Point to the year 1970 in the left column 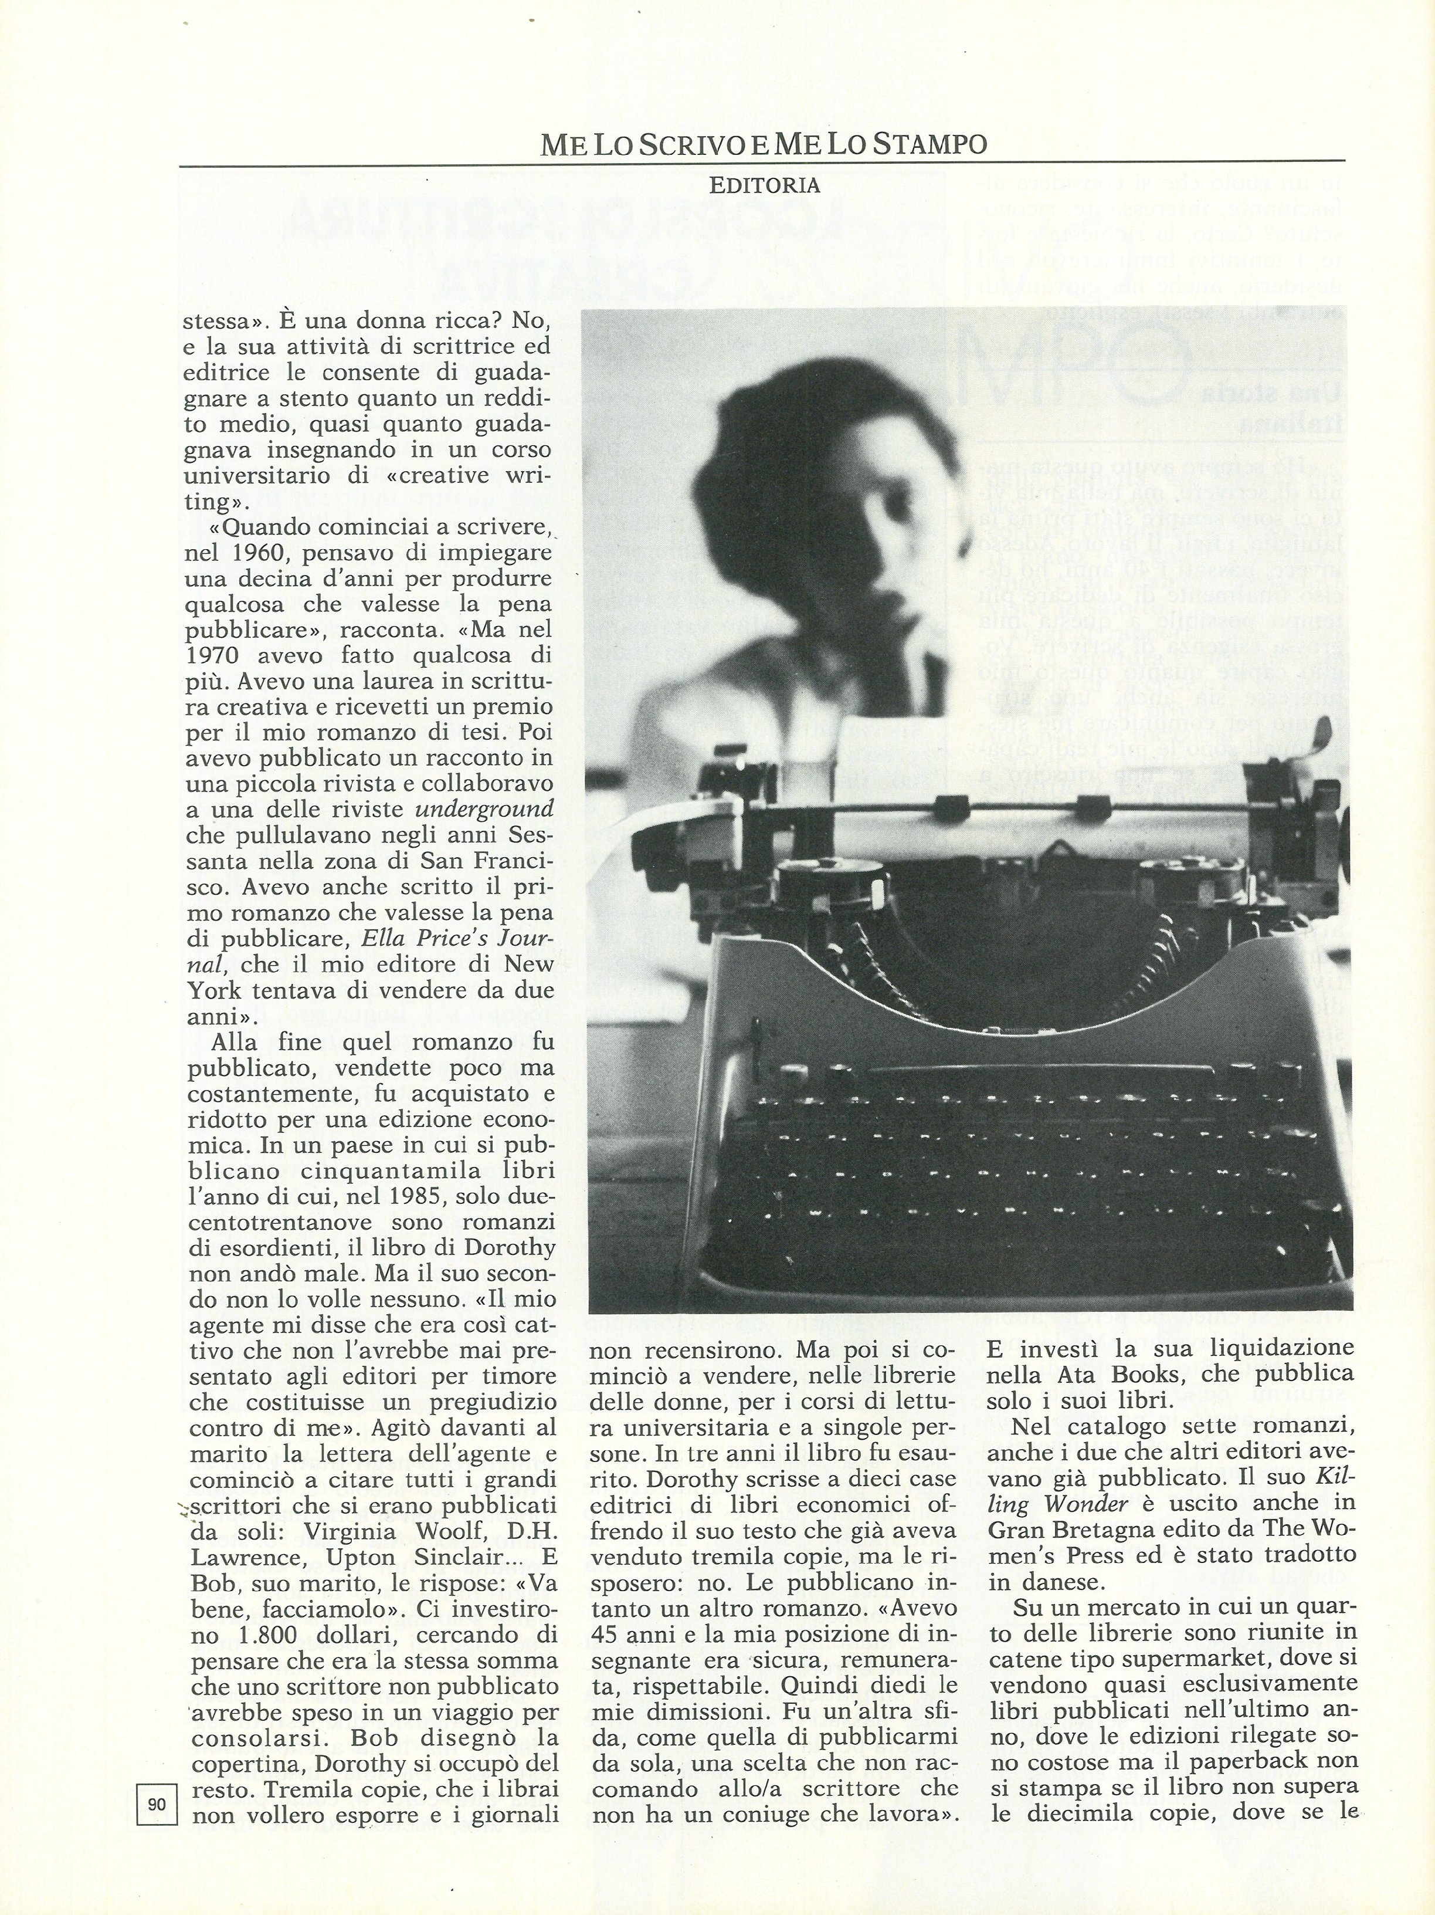[217, 655]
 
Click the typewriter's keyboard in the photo [1022, 1152]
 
